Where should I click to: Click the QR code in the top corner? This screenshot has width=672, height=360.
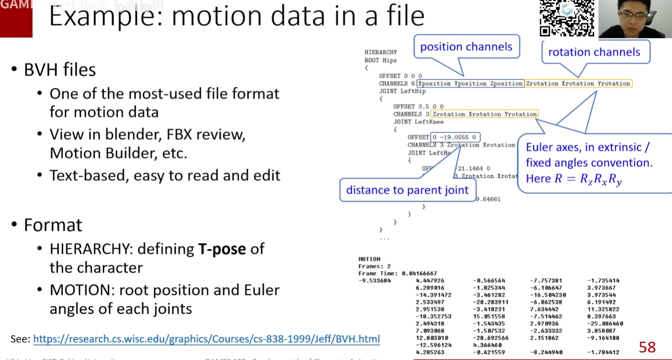pos(566,18)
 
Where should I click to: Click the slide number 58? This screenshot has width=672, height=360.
pos(647,347)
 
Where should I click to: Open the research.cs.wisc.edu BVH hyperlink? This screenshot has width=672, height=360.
pos(207,339)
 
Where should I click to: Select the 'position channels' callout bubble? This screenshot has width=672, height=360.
pos(466,47)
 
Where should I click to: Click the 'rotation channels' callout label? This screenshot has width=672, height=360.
pos(594,52)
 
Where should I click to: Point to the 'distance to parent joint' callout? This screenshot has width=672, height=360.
pos(407,190)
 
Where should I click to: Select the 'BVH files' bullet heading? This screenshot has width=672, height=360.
pos(60,70)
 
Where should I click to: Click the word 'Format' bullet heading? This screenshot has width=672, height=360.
pos(53,225)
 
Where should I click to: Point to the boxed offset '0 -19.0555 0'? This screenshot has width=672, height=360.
pos(455,137)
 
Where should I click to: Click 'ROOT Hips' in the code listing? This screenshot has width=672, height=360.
pos(380,60)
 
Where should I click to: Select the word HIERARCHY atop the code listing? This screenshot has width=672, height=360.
pos(380,52)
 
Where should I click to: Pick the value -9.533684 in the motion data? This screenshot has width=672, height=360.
pos(375,281)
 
